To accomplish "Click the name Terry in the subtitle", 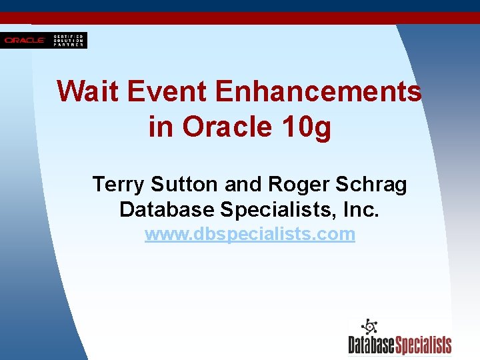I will (x=118, y=184).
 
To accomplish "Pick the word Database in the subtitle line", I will (x=167, y=209).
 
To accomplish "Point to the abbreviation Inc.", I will (x=359, y=209).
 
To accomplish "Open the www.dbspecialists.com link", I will (x=250, y=235).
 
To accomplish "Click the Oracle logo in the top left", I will (x=25, y=41).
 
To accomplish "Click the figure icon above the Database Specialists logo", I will (x=369, y=327).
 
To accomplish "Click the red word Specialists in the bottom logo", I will (x=424, y=345).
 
